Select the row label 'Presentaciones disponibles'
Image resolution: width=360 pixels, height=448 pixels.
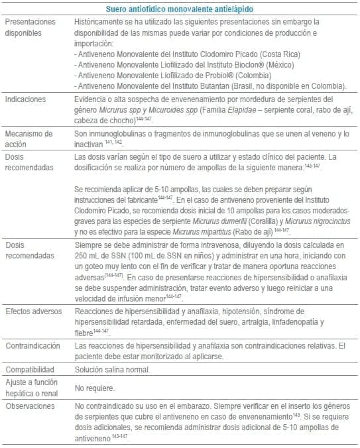point(30,27)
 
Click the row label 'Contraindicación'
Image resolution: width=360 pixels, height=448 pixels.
point(34,346)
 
